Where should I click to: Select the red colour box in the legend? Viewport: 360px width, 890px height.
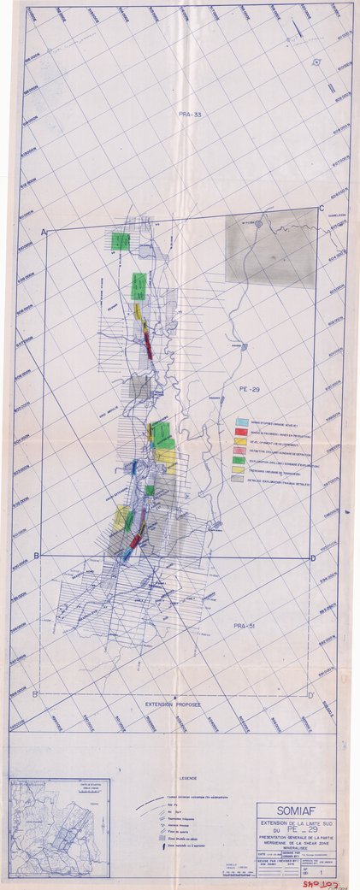pyautogui.click(x=242, y=432)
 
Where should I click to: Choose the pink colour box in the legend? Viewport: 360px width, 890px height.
pyautogui.click(x=242, y=451)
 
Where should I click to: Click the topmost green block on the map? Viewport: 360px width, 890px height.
pyautogui.click(x=121, y=241)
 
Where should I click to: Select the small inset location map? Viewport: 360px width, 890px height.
pyautogui.click(x=59, y=816)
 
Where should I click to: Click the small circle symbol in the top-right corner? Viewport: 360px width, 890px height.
pyautogui.click(x=316, y=62)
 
